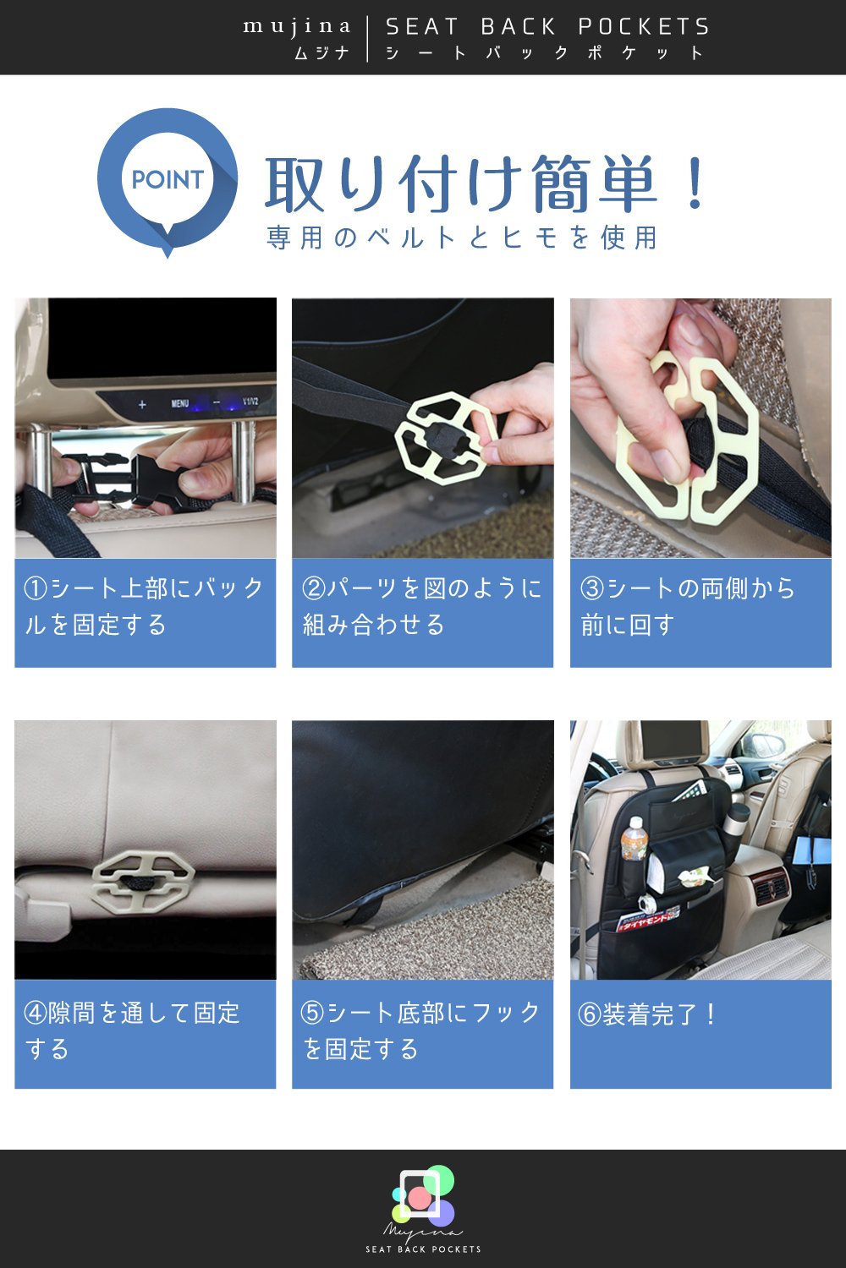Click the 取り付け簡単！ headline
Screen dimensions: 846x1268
486,184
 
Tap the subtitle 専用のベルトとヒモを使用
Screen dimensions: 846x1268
462,238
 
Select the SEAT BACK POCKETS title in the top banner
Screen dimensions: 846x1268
547,26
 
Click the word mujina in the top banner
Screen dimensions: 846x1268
297,26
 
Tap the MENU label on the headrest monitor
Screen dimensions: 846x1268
179,403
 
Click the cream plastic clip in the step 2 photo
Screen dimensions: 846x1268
446,438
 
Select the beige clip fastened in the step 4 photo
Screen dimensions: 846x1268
143,882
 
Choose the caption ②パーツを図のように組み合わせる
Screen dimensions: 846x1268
421,607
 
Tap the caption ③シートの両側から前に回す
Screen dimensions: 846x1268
687,607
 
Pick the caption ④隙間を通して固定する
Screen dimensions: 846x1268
131,1030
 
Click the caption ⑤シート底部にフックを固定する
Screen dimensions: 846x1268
420,1030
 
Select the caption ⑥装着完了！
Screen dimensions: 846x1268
647,1014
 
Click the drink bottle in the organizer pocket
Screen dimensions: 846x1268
634,839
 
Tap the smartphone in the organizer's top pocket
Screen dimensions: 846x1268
689,790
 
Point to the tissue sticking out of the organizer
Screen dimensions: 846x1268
696,877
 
